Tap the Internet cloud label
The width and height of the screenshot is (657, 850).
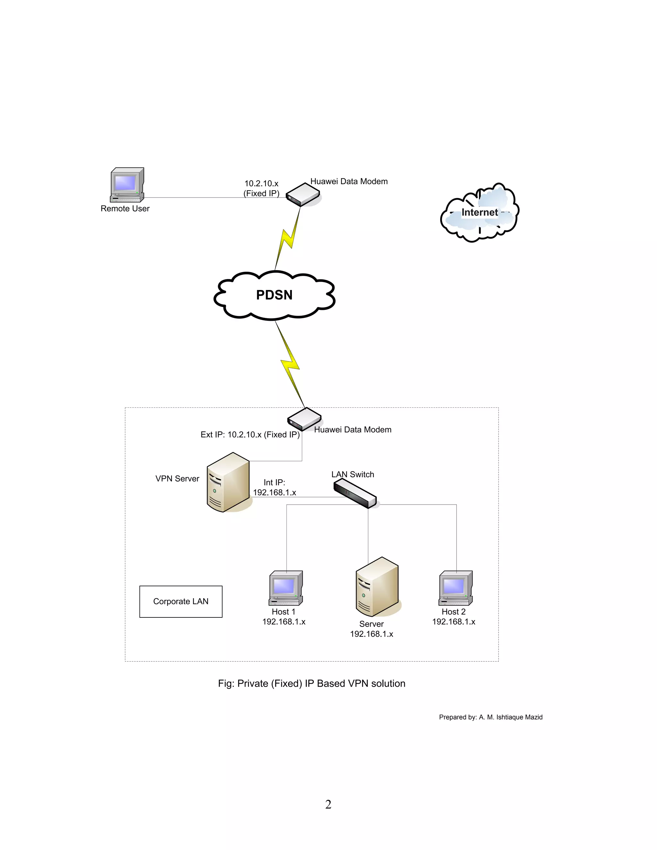click(x=479, y=212)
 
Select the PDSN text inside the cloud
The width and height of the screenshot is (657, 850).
click(x=274, y=295)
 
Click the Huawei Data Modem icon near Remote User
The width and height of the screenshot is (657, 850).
click(x=303, y=195)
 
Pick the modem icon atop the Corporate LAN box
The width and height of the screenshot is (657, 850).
click(x=304, y=420)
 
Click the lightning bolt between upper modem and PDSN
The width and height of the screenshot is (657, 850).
click(x=288, y=238)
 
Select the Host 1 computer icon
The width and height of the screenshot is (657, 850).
click(x=286, y=588)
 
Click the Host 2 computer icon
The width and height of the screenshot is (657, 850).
click(x=456, y=588)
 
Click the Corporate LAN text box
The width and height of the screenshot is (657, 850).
click(x=181, y=601)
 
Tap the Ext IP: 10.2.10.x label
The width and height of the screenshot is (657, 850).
click(x=250, y=435)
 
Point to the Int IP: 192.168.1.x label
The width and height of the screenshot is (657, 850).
click(x=274, y=488)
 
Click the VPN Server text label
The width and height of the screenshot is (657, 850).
click(x=177, y=479)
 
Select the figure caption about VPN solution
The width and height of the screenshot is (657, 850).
click(x=311, y=684)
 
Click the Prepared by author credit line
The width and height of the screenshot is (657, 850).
click(x=491, y=717)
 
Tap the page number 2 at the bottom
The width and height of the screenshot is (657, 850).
click(x=328, y=804)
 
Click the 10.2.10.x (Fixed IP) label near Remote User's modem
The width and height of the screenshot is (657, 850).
click(x=261, y=188)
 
